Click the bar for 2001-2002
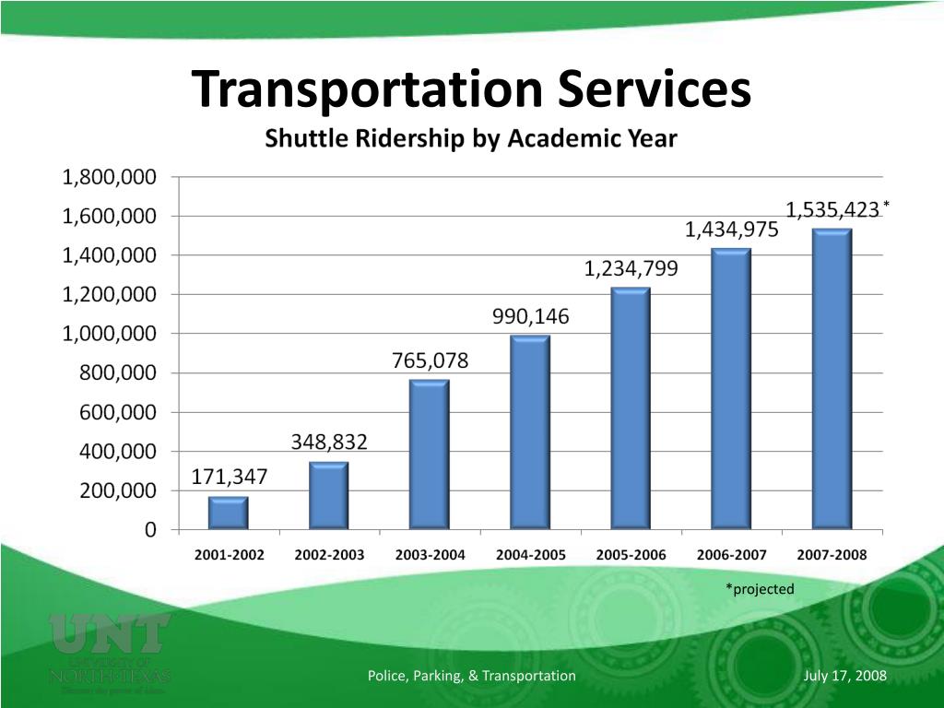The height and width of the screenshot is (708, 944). (228, 513)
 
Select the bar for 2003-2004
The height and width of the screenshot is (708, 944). (429, 454)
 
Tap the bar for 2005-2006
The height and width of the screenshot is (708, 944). (631, 408)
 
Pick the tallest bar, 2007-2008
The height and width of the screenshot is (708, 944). (832, 379)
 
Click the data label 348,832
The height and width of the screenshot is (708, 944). (329, 442)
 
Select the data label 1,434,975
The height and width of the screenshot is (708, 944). (731, 231)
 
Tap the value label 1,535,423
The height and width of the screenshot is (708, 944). (832, 209)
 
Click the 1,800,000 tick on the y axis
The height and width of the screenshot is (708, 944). (109, 176)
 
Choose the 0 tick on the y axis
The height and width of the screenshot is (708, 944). (149, 530)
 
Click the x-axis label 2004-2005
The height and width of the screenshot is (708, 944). (530, 555)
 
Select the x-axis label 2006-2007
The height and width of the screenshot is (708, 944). (731, 555)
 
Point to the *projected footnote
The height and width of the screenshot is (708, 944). (759, 588)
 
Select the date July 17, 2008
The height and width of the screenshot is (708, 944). (844, 676)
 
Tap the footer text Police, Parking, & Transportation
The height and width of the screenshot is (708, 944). (471, 676)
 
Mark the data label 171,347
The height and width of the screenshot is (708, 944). (229, 477)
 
